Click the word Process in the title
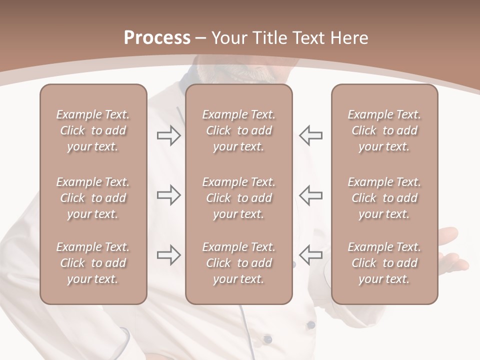pyautogui.click(x=157, y=38)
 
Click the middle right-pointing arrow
pyautogui.click(x=168, y=195)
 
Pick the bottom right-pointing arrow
pyautogui.click(x=168, y=254)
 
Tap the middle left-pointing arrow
pyautogui.click(x=311, y=195)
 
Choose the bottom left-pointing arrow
pyautogui.click(x=311, y=254)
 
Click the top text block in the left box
pyautogui.click(x=93, y=130)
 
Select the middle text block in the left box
pyautogui.click(x=93, y=198)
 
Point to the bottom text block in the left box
pyautogui.click(x=93, y=263)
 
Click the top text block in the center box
pyautogui.click(x=238, y=130)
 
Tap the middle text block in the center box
pyautogui.click(x=238, y=198)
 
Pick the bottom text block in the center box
pyautogui.click(x=238, y=263)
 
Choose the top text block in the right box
pyautogui.click(x=384, y=130)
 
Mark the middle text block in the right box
pyautogui.click(x=384, y=198)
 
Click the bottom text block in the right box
pyautogui.click(x=384, y=263)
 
